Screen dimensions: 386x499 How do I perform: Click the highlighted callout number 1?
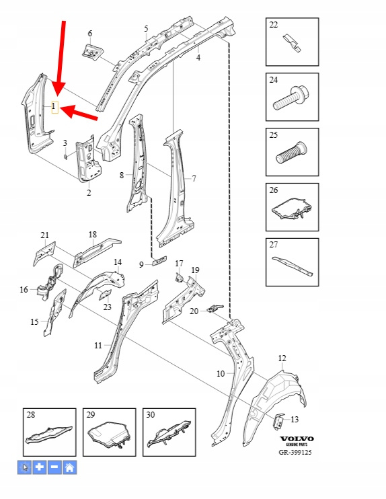pos(54,107)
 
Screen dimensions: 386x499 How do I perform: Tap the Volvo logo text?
pos(297,439)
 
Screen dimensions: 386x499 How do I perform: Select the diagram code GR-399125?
pos(295,452)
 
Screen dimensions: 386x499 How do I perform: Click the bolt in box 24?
pos(291,98)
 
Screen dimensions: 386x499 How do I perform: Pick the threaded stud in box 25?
pos(291,153)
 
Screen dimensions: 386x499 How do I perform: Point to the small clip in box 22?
pos(291,43)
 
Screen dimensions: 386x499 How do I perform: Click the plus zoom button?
pos(40,467)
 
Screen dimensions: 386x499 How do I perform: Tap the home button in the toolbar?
pos(70,467)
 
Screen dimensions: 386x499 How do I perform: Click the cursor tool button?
pos(24,467)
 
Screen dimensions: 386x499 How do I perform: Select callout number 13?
pos(295,420)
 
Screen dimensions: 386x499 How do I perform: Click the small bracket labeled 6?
pos(93,52)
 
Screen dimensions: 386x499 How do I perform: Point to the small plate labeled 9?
pos(159,261)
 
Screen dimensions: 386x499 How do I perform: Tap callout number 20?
pos(194,311)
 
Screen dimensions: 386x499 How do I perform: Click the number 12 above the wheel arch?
pos(282,358)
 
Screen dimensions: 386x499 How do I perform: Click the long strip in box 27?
pos(292,266)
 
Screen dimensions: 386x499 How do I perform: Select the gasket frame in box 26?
pos(291,208)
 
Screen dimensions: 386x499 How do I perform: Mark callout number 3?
pos(65,143)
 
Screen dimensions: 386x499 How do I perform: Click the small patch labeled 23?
pos(106,295)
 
